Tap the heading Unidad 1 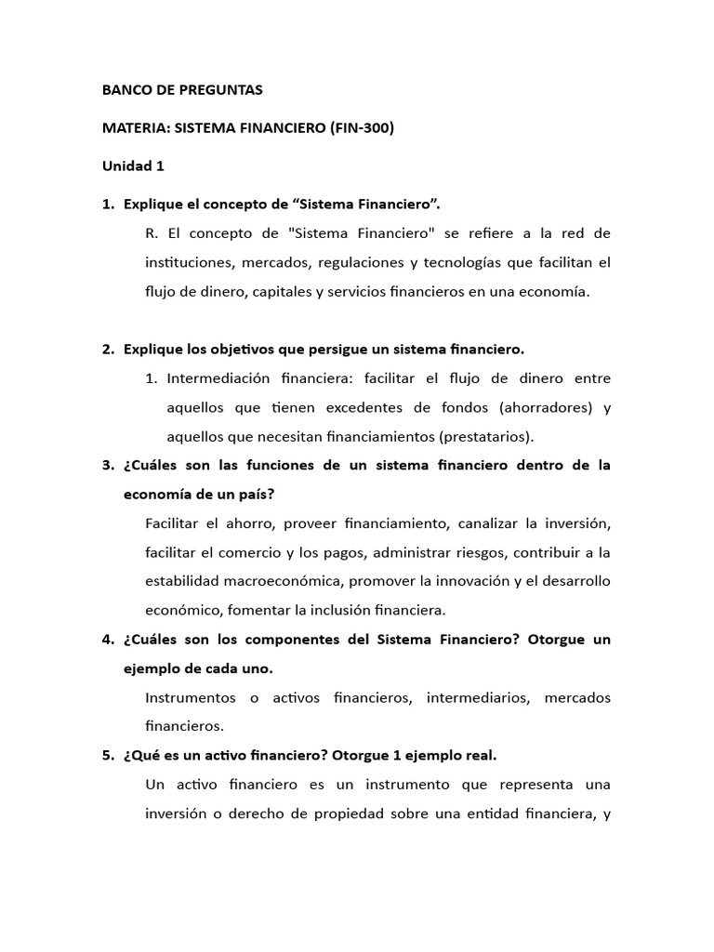tap(133, 166)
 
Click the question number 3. tap(107, 465)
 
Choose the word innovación tap(491, 581)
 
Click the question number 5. tap(107, 756)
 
